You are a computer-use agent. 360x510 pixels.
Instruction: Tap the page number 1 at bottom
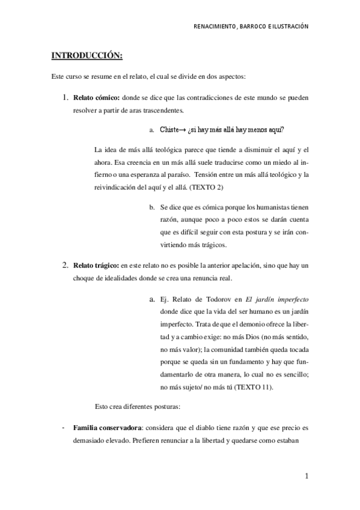307,477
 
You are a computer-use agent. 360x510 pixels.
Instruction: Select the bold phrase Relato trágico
96,265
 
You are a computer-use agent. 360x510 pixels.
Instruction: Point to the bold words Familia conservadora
105,428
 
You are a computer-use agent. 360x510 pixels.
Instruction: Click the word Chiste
171,129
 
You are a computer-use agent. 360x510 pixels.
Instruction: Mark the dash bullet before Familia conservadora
63,428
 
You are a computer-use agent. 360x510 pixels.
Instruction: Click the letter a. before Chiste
153,129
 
